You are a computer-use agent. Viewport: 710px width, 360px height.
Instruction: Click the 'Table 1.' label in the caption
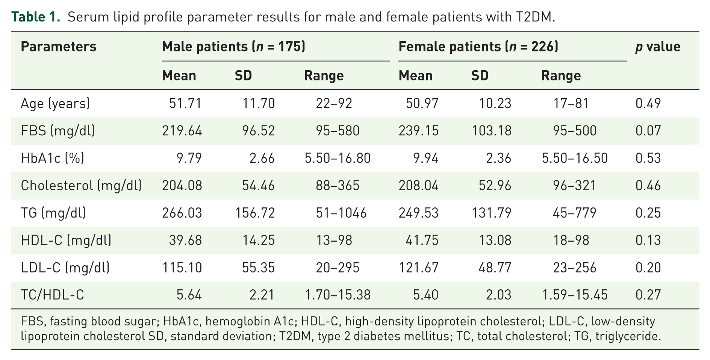point(36,17)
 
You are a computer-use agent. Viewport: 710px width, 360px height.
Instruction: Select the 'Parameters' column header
point(58,47)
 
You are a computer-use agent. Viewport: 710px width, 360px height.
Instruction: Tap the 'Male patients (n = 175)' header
point(233,47)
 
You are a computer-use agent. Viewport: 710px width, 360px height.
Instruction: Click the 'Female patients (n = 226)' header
point(478,47)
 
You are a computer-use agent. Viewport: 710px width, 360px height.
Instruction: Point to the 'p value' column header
point(658,47)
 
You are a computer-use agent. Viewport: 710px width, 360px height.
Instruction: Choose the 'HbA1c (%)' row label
point(52,158)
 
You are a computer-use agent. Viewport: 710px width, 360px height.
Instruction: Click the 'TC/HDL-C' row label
point(52,295)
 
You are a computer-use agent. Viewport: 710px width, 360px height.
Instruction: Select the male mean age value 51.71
point(185,103)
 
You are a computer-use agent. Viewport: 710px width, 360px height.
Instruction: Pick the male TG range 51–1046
point(341,213)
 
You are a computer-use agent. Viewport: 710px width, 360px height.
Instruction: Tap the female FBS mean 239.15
point(418,131)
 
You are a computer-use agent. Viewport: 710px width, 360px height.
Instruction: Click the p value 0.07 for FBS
point(648,131)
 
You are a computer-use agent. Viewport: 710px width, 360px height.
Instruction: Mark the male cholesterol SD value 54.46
point(259,186)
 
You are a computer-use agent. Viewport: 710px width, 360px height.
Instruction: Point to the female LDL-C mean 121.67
point(418,268)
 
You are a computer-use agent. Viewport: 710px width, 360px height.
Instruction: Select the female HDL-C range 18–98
point(571,241)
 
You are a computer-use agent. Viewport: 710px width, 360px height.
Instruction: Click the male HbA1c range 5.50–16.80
point(338,158)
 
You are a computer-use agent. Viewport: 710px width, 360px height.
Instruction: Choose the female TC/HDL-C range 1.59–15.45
point(575,295)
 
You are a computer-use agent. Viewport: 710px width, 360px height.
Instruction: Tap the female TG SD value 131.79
point(491,213)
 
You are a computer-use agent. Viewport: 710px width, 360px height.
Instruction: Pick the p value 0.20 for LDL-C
point(648,268)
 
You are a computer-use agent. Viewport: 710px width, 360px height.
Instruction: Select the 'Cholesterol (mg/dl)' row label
point(81,186)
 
